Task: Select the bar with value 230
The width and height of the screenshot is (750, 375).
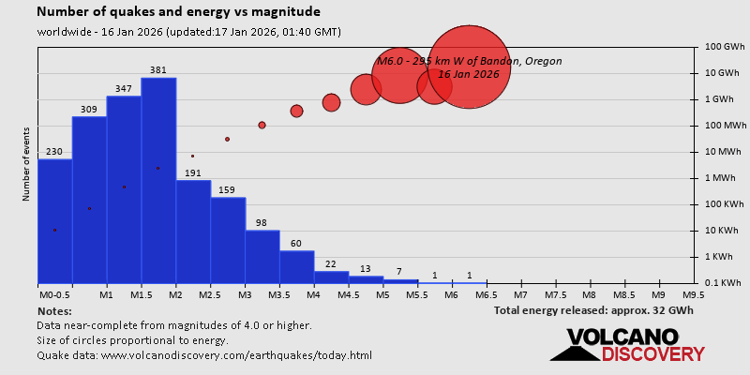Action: [54, 221]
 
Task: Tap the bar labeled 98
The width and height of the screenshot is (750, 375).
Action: [262, 256]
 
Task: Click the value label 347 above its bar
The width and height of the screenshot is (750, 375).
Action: [124, 88]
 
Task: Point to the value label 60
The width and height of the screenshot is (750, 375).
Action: [297, 243]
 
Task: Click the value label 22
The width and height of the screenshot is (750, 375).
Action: [331, 263]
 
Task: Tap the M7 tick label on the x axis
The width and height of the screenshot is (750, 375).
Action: [520, 294]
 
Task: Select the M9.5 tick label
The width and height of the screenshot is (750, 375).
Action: [694, 294]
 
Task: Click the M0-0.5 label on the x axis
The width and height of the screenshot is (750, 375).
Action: [54, 294]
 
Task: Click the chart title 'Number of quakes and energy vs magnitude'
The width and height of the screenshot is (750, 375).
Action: [178, 12]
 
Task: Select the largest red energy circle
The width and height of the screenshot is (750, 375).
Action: [469, 67]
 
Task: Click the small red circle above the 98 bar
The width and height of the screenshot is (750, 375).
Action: [262, 125]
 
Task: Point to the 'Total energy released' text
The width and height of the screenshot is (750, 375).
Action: [593, 310]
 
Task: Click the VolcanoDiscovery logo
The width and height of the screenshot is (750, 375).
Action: [628, 344]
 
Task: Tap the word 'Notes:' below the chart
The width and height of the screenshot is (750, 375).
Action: [54, 310]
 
